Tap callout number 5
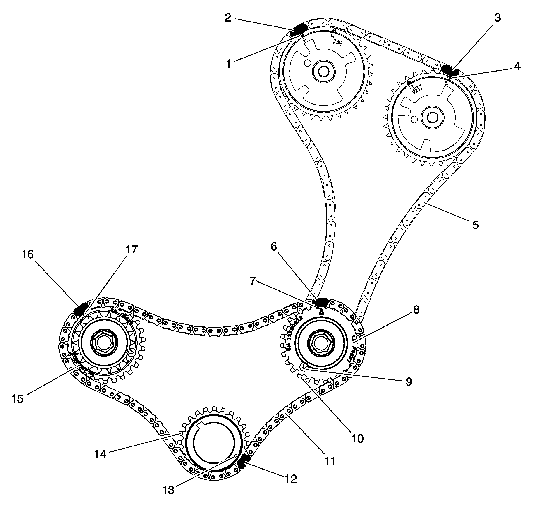pos(475,225)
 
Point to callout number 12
pos(291,479)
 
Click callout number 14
pos(100,454)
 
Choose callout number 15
pos(17,399)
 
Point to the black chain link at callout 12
pos(244,461)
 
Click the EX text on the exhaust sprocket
pos(417,89)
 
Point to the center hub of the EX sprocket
pos(432,117)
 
